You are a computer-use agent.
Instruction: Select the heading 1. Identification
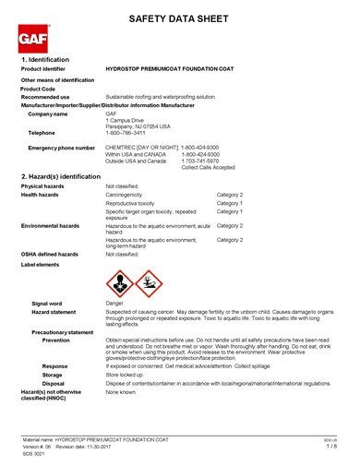pos(47,59)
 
